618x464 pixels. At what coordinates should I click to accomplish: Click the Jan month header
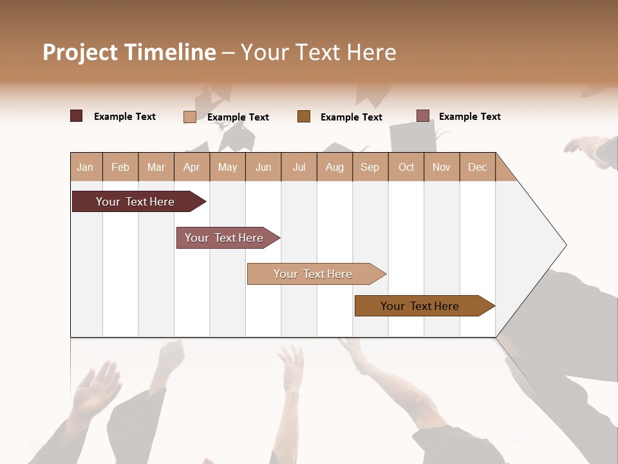85,167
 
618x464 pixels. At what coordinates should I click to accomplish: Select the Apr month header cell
191,167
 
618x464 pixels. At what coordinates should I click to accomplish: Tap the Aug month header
334,167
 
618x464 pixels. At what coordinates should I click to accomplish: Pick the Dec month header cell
477,167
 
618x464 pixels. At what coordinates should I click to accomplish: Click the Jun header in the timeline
263,167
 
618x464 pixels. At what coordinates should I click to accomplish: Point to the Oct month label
406,167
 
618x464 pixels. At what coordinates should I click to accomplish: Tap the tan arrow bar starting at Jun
314,274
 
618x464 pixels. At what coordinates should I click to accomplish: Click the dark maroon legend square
77,116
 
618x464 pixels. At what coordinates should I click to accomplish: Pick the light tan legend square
190,117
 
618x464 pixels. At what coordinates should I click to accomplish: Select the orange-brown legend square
304,117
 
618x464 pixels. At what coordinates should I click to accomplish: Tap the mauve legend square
423,116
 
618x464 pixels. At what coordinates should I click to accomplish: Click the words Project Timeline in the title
129,52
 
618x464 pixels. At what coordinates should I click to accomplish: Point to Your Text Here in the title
319,52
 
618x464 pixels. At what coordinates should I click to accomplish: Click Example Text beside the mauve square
469,117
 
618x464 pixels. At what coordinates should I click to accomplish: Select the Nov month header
442,167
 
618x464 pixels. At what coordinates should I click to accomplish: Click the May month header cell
227,167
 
